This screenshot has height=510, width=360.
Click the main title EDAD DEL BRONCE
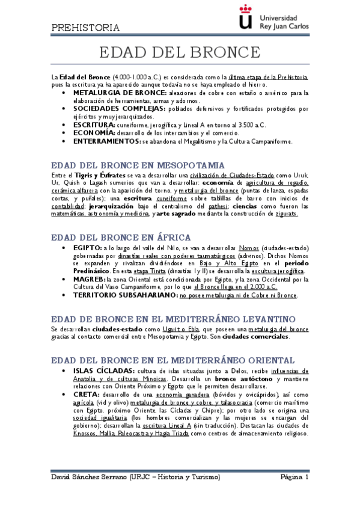[178, 52]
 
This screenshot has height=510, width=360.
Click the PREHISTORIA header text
[85, 27]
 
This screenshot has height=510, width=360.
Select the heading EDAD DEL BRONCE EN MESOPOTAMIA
[138, 165]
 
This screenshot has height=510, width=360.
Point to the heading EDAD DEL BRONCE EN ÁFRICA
[121, 237]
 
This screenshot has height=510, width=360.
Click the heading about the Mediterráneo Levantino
[172, 318]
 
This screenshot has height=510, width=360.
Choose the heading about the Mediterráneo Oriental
[173, 360]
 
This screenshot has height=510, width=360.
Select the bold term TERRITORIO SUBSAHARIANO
[124, 295]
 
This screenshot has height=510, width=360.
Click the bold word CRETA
[87, 395]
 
